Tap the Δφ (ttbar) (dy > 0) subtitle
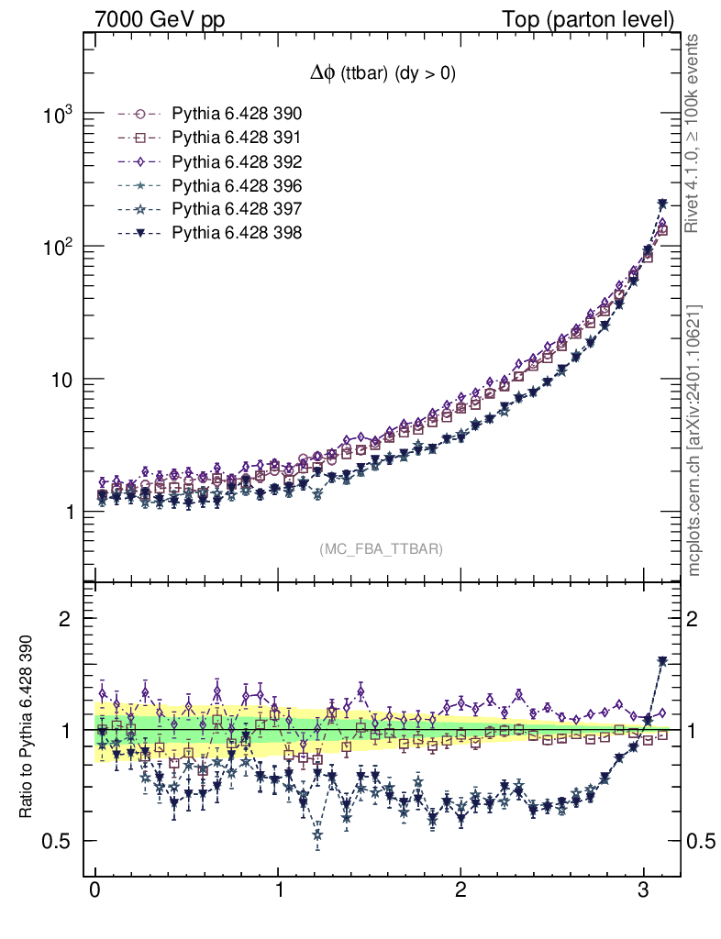382,74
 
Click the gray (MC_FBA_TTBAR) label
382,549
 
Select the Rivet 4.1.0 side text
695,133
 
